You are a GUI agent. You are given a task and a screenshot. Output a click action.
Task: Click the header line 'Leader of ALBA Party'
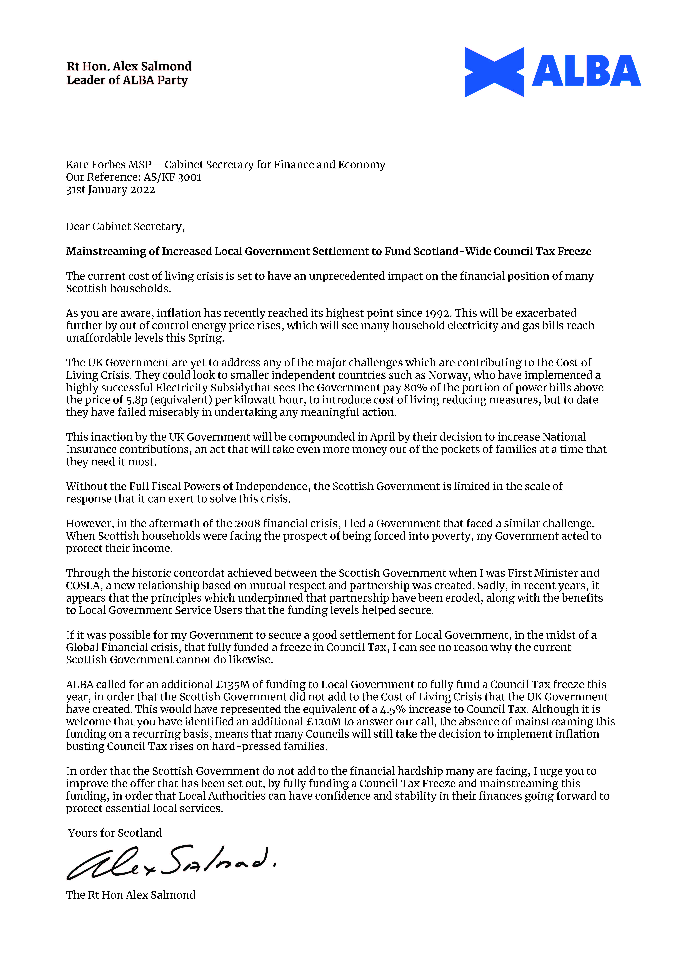click(x=127, y=80)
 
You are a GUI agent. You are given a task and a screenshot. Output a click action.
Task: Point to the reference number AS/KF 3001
click(x=172, y=177)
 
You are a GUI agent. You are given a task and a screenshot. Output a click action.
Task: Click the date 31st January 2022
click(x=110, y=190)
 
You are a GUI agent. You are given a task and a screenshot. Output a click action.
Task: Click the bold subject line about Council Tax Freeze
click(x=328, y=251)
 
